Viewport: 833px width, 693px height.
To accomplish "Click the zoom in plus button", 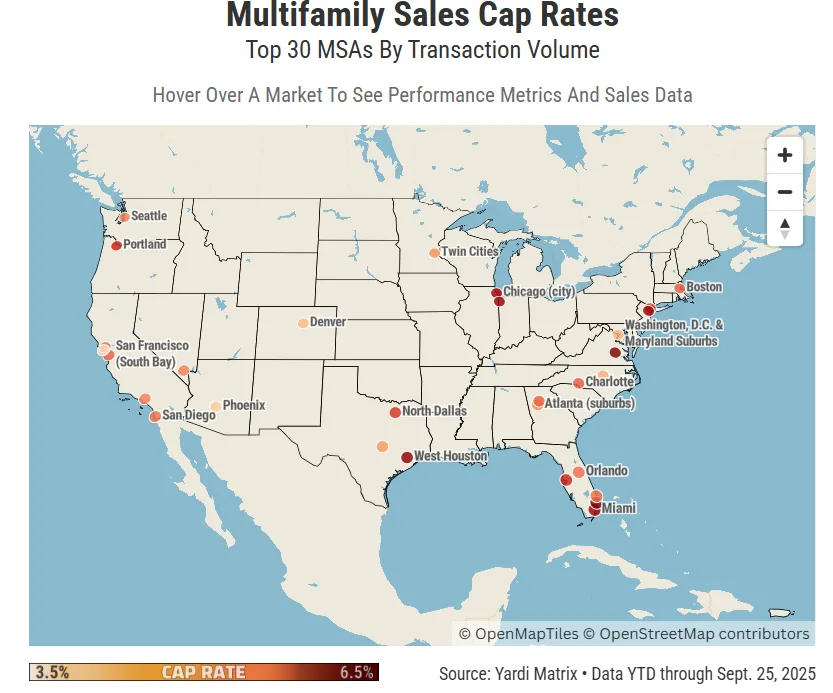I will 784,155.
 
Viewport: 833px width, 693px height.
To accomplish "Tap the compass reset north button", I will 784,227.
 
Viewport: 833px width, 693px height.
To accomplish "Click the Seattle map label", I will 149,216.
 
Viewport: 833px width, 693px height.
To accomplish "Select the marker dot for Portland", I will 116,245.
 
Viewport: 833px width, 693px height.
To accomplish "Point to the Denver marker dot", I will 303,323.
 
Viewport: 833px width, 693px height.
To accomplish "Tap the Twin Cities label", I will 469,252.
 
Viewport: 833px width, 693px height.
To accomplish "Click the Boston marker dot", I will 679,288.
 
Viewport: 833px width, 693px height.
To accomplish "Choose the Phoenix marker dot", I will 215,406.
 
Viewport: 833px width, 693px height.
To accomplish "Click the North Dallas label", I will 434,411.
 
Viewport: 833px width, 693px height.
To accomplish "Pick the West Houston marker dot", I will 406,457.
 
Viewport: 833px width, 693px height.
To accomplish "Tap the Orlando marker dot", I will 578,471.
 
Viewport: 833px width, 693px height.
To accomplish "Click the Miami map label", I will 619,508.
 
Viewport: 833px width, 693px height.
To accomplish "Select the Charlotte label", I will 609,382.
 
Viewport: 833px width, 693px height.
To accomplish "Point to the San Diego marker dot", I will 155,416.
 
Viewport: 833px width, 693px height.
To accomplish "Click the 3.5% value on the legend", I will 52,672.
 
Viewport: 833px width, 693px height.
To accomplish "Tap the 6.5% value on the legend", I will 356,672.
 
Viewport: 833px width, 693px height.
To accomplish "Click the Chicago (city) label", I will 539,292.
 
